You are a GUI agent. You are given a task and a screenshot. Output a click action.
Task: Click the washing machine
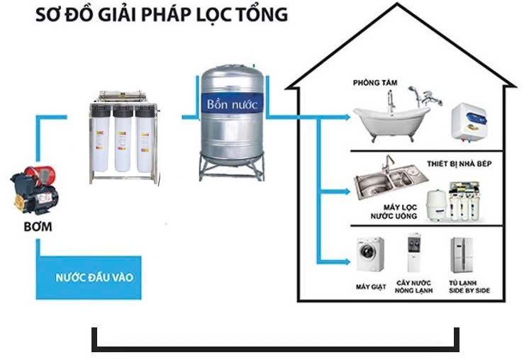point(370,256)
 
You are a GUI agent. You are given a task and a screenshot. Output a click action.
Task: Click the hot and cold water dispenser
point(412,254)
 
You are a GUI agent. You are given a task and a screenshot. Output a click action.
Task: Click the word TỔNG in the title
point(262,15)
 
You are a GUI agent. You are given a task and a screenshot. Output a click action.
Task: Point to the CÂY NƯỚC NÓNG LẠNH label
point(412,287)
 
